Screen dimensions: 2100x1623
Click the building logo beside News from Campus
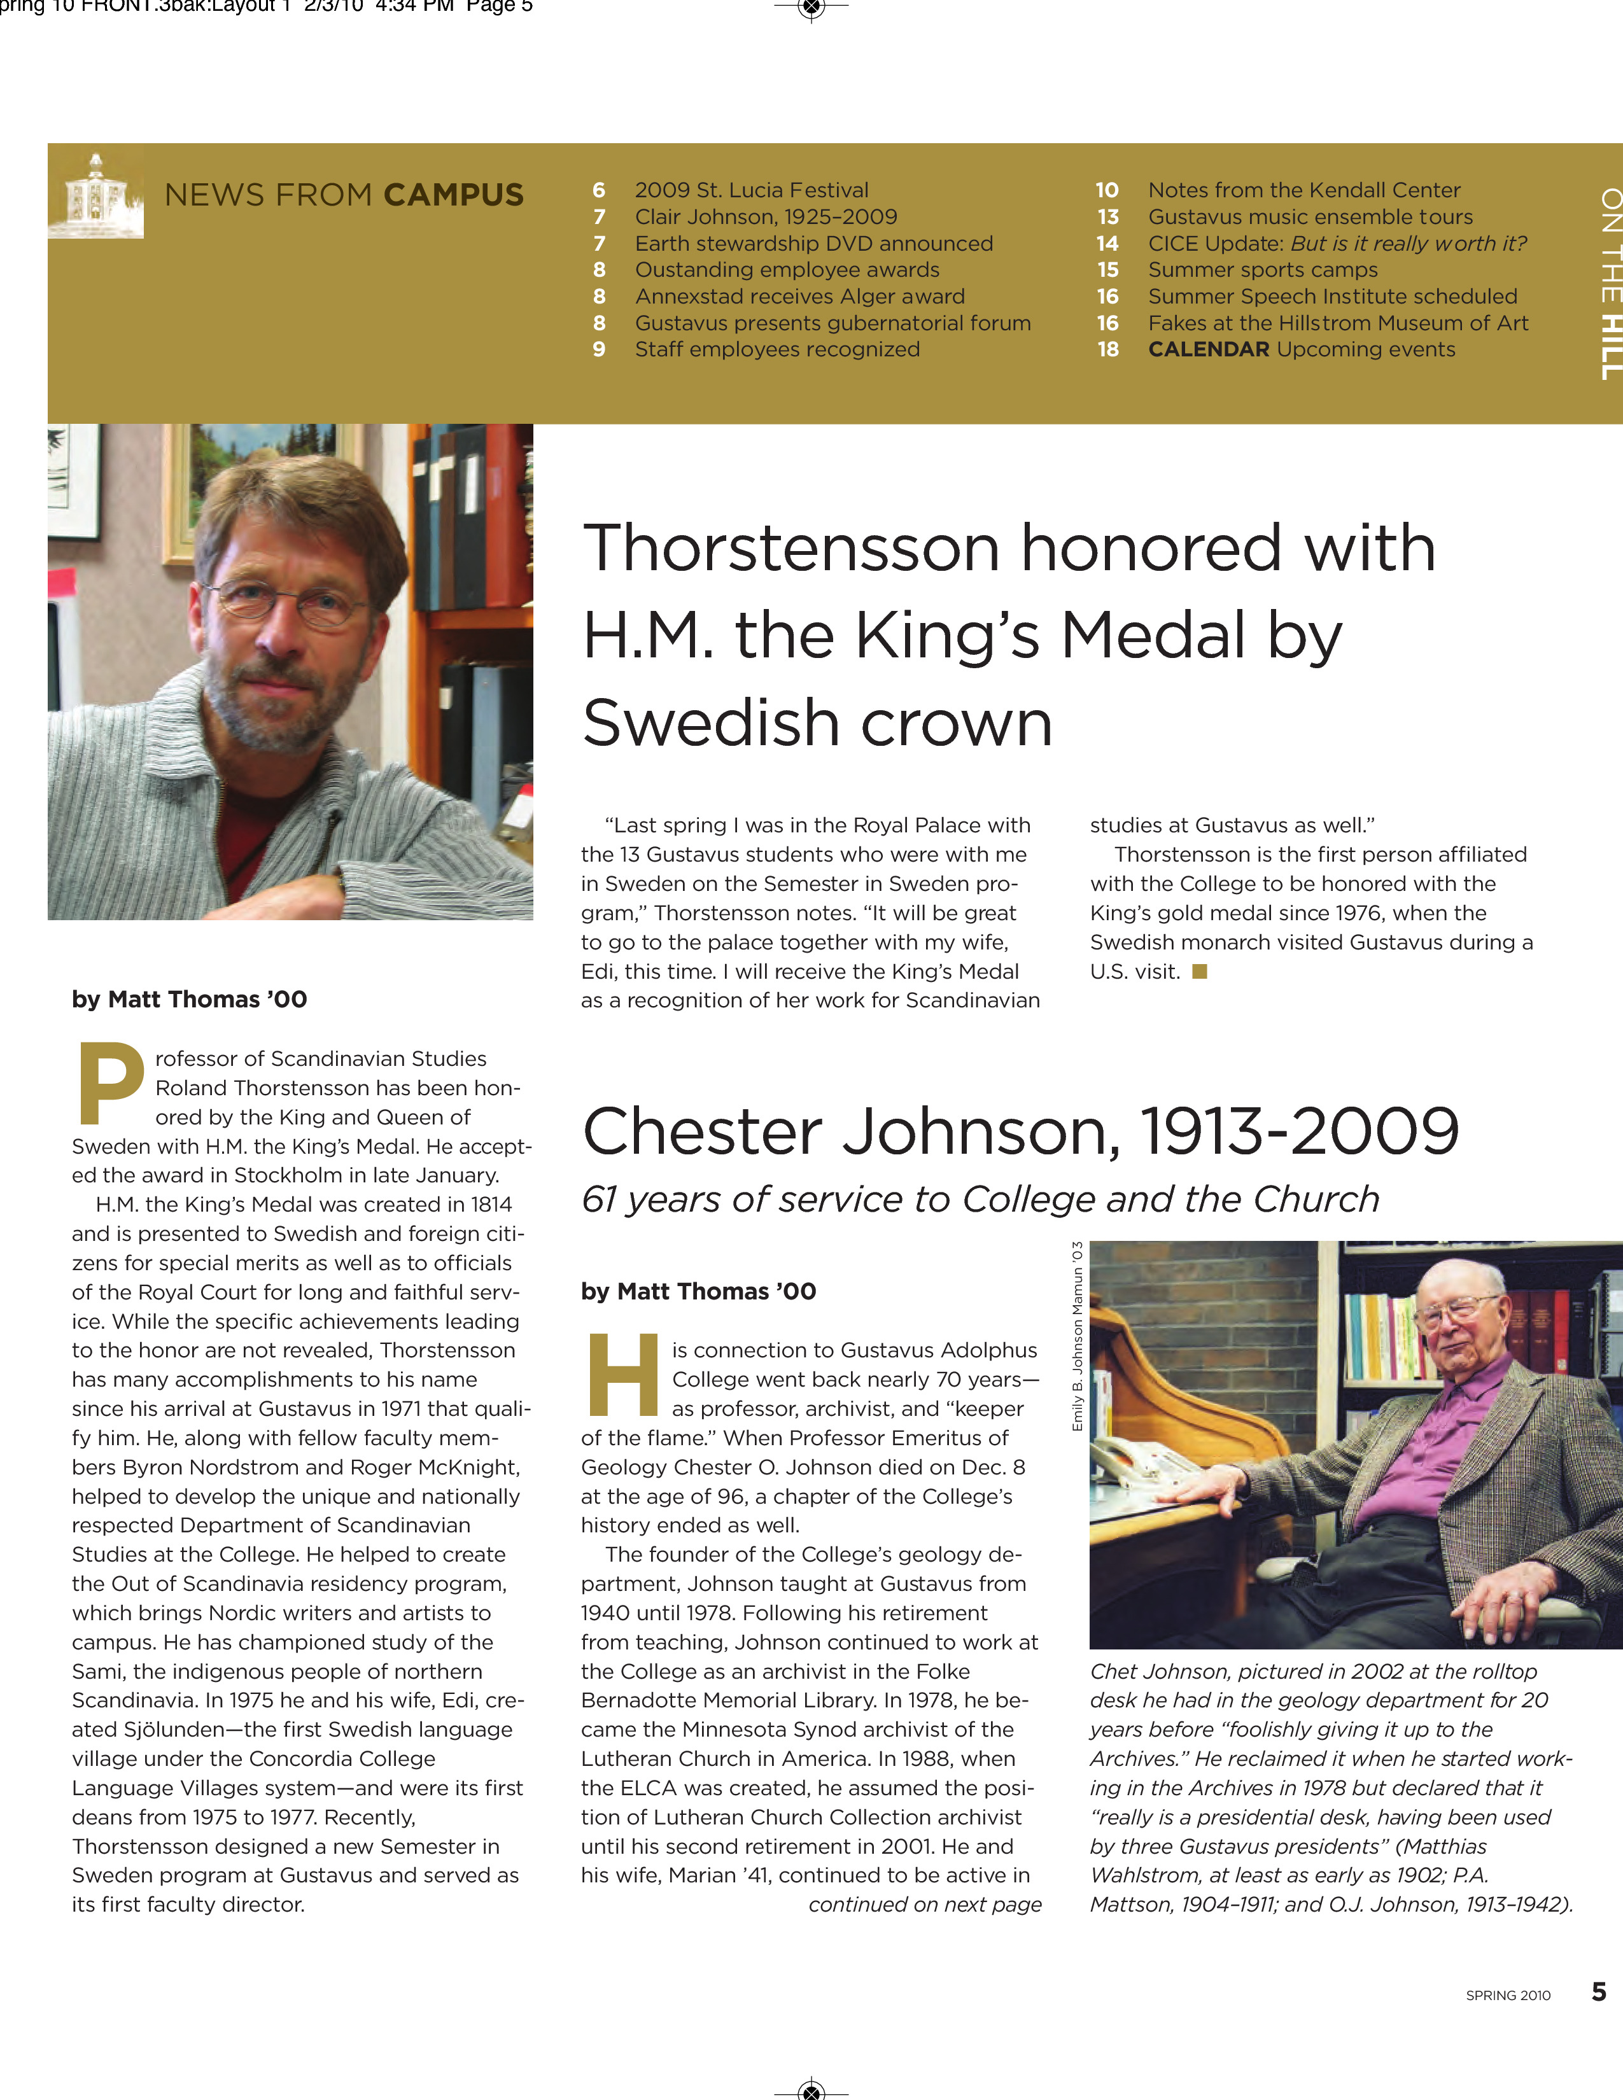(95, 195)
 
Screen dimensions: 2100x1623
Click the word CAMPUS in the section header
(453, 195)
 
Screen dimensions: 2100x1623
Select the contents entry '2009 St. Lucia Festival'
(751, 190)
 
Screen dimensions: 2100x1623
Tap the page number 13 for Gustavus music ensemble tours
(1107, 217)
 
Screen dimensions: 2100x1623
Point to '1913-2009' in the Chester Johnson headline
(1299, 1131)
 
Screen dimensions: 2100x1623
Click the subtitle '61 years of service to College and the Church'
(980, 1199)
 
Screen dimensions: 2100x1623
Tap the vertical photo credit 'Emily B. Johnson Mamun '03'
(1077, 1336)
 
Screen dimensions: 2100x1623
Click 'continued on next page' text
(924, 1905)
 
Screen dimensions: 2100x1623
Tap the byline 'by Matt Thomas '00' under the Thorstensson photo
(190, 1000)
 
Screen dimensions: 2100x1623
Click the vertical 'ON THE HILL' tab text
(1610, 284)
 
